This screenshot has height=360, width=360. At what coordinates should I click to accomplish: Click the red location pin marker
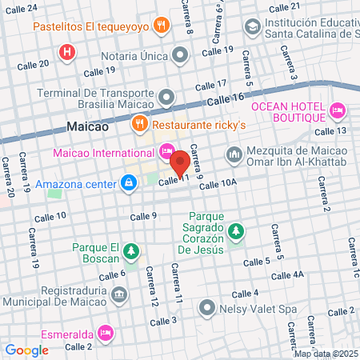[181, 162]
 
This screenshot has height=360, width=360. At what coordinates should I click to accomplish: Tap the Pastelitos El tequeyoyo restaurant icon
[162, 25]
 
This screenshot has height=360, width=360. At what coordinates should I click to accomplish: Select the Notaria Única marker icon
[180, 56]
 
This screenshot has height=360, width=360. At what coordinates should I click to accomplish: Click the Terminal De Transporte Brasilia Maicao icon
[167, 98]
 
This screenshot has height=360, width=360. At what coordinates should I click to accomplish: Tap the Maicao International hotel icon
[166, 150]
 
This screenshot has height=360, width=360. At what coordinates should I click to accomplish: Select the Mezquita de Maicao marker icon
[234, 153]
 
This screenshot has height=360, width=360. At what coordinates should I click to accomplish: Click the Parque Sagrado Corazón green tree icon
[235, 232]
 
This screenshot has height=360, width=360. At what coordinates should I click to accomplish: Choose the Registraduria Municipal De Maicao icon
[119, 296]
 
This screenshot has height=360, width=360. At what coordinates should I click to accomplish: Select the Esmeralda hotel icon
[105, 332]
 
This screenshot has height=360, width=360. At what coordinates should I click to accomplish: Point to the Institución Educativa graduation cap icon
[253, 27]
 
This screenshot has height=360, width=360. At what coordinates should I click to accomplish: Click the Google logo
[27, 350]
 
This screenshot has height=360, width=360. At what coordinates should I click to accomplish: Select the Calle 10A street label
[218, 185]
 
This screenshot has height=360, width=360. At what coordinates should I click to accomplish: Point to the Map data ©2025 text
[326, 353]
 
